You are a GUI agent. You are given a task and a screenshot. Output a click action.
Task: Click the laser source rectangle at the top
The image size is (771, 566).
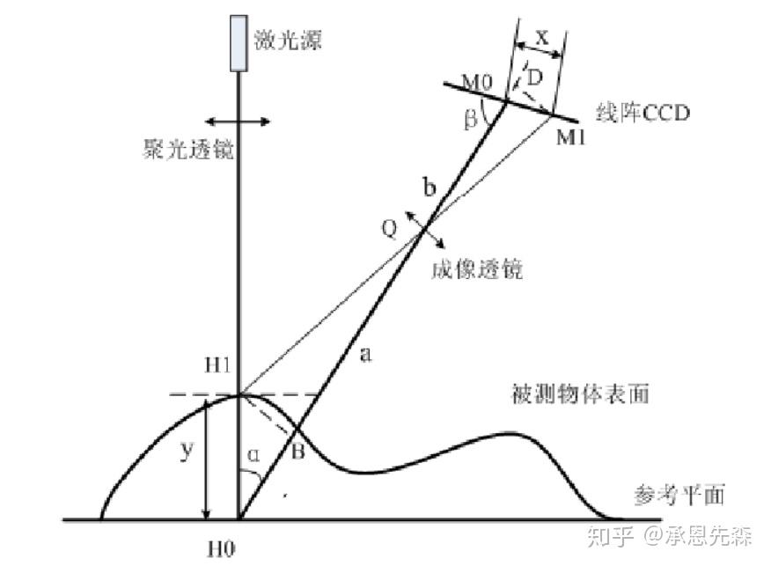click(238, 43)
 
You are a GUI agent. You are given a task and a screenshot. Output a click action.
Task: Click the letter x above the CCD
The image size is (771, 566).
click(540, 40)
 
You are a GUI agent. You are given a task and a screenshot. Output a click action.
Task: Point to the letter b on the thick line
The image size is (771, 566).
click(430, 187)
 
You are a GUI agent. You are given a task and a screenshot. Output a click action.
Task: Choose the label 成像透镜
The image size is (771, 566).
click(477, 268)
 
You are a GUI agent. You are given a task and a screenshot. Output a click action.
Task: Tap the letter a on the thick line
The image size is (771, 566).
click(367, 355)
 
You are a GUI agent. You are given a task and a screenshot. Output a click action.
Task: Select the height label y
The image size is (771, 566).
click(185, 451)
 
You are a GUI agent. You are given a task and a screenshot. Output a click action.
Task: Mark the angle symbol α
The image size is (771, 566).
click(253, 456)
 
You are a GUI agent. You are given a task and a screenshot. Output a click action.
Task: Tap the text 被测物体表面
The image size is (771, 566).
click(581, 393)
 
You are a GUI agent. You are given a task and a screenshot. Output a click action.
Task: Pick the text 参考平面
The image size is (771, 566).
click(679, 496)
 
